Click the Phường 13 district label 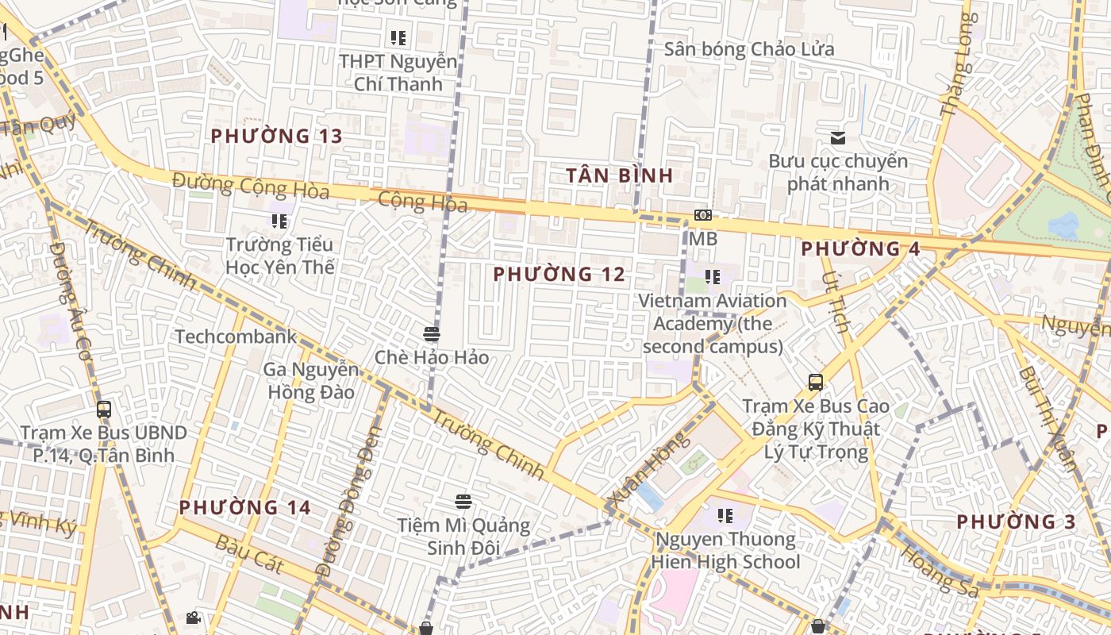tap(276, 136)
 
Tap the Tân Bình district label tap(619, 175)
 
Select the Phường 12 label tap(559, 275)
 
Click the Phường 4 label tap(860, 248)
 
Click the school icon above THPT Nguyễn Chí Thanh tap(398, 37)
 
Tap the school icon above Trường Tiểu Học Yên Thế tap(279, 221)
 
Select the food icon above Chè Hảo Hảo tap(432, 334)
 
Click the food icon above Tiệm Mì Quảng tap(464, 502)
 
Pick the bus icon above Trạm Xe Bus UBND tap(104, 410)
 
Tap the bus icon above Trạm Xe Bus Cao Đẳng tap(816, 383)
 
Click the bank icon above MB tap(702, 215)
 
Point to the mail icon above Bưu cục tap(838, 138)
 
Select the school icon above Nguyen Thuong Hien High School tap(725, 516)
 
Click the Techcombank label tap(236, 337)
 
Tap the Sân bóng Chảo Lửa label tap(749, 49)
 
